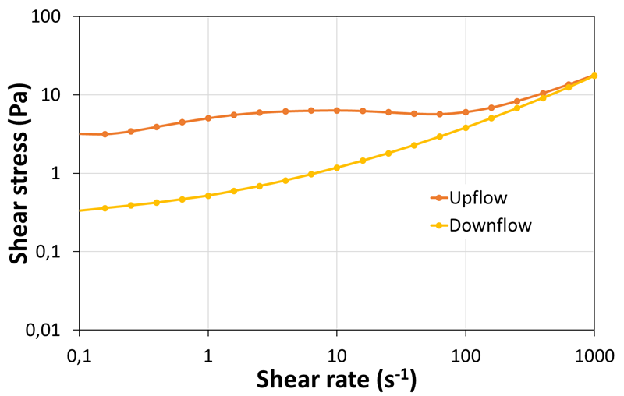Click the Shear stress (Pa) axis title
[x=19, y=173]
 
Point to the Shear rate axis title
[x=337, y=380]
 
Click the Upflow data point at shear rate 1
[x=208, y=118]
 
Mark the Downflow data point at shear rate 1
[x=208, y=196]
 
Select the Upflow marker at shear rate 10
[x=337, y=111]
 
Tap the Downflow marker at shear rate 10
[x=337, y=168]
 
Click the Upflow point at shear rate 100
[x=466, y=112]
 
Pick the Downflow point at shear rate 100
[x=466, y=127]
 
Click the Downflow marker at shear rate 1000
[x=594, y=76]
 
